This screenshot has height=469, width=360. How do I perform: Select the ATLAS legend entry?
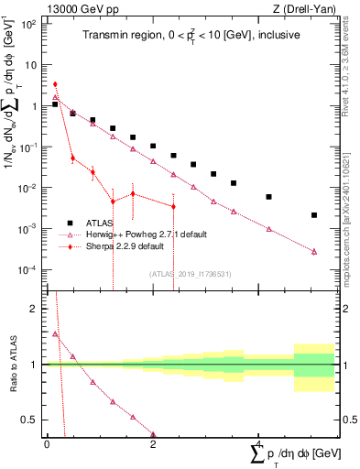coord(101,223)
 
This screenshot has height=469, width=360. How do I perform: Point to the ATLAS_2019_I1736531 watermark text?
coord(191,273)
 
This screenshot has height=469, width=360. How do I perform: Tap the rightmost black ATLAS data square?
coord(314,215)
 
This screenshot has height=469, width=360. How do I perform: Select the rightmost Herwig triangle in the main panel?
coord(314,251)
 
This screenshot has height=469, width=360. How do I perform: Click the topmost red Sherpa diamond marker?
coord(55,84)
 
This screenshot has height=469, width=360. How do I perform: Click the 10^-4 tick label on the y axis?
coord(29,270)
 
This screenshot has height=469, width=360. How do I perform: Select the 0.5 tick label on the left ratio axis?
coord(33,420)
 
